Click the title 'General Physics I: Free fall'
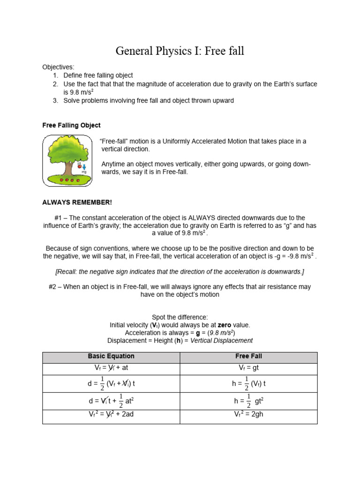tap(180, 51)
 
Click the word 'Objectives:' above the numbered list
tap(58, 67)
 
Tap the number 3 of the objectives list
tap(55, 100)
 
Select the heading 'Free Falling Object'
tap(71, 126)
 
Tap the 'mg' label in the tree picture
tap(84, 172)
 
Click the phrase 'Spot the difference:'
tap(180, 317)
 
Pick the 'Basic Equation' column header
tap(111, 356)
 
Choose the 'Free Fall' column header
tap(248, 356)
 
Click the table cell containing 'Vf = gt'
tap(248, 368)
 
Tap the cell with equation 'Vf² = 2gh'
tap(248, 415)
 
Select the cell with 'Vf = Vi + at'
tap(111, 368)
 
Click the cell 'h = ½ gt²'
tap(248, 401)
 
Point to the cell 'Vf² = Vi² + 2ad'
tap(111, 415)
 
